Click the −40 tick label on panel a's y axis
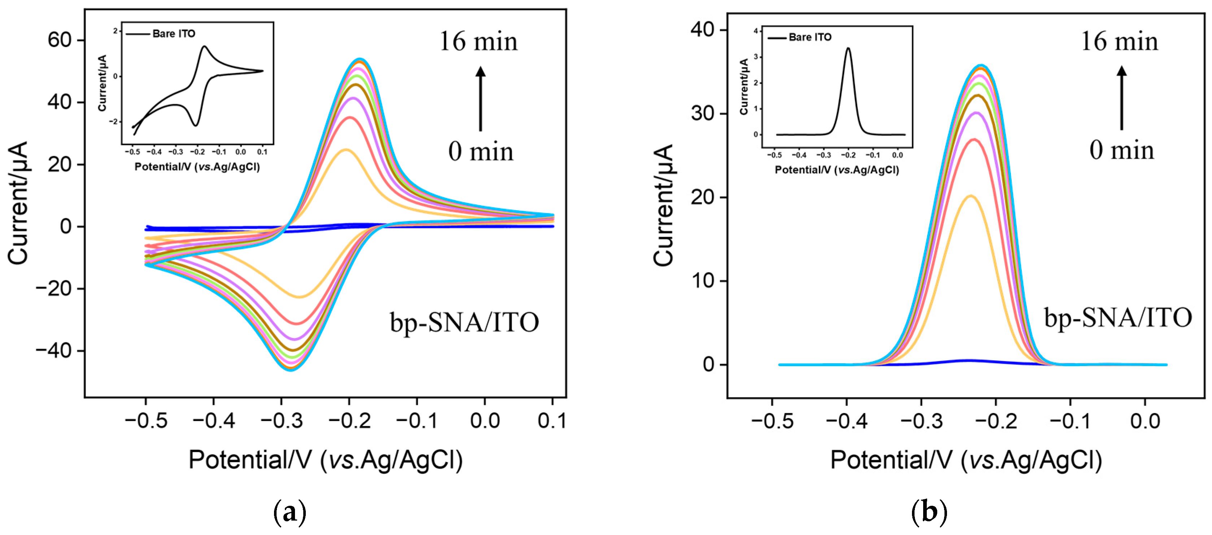pyautogui.click(x=54, y=351)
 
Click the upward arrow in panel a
pyautogui.click(x=481, y=99)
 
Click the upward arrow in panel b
pyautogui.click(x=1122, y=98)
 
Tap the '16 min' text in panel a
pyautogui.click(x=478, y=42)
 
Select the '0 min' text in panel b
pyautogui.click(x=1122, y=150)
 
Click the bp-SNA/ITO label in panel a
pyautogui.click(x=464, y=323)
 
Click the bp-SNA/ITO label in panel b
pyautogui.click(x=1118, y=318)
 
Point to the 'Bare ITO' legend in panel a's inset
pyautogui.click(x=174, y=34)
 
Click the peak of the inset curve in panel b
pyautogui.click(x=848, y=48)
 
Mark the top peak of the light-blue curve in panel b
pyautogui.click(x=981, y=66)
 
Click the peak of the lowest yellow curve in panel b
pyautogui.click(x=970, y=196)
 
